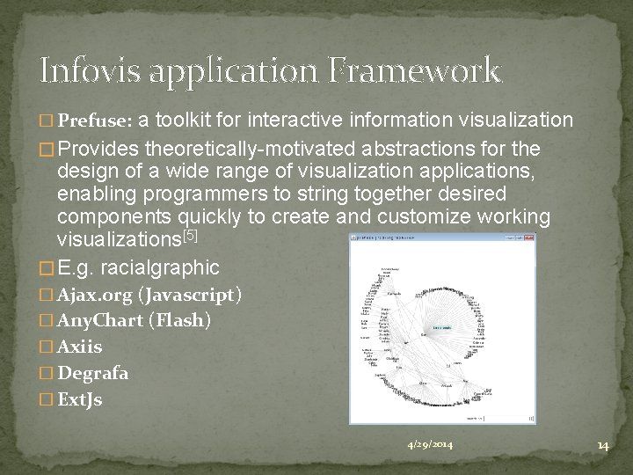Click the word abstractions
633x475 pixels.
click(x=431, y=148)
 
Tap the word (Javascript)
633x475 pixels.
click(x=190, y=295)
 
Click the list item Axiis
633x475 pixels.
click(x=80, y=347)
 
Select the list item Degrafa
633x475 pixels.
click(x=93, y=374)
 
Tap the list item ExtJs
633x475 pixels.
click(x=80, y=400)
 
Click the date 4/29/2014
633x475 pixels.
click(x=430, y=445)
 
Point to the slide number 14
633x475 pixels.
click(x=602, y=445)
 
